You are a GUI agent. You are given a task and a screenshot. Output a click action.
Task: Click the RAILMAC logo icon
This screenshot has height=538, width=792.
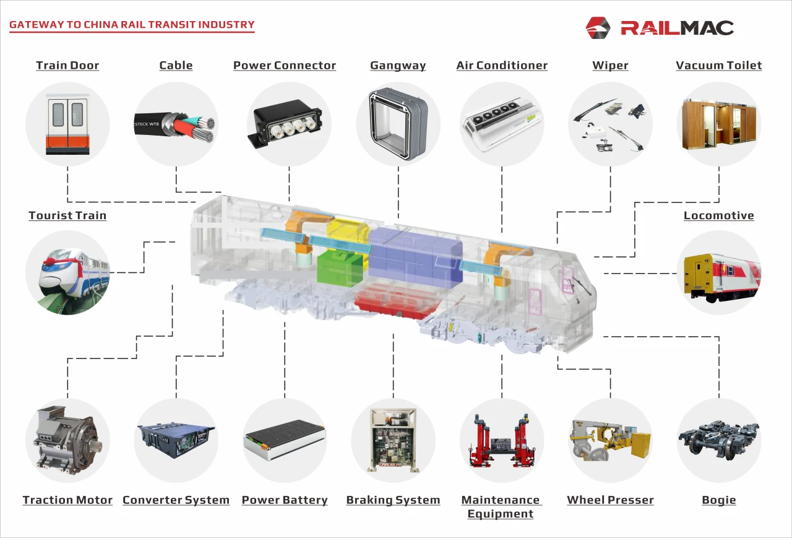click(x=598, y=27)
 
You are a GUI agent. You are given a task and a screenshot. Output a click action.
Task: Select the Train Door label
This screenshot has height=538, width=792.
click(x=67, y=66)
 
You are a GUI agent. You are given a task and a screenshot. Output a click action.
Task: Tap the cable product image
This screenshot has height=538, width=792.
click(x=176, y=124)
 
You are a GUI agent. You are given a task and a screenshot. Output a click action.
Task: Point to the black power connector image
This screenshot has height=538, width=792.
click(x=285, y=124)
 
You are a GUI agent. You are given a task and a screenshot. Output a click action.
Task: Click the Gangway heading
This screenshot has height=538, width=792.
click(x=398, y=66)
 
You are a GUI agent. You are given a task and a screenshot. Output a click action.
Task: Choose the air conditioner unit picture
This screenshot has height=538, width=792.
click(x=502, y=124)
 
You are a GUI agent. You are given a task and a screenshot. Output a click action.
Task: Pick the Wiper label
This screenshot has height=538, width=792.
click(x=610, y=66)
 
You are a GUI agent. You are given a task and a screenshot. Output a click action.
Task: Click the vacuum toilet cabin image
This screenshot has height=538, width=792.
click(x=719, y=124)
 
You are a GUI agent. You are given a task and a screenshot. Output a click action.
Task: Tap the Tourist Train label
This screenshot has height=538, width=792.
click(x=67, y=216)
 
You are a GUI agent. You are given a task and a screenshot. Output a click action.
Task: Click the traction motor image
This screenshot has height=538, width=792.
click(x=67, y=440)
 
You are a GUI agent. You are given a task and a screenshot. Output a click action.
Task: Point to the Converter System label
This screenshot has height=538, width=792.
click(x=176, y=500)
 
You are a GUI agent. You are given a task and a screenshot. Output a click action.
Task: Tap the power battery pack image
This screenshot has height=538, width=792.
click(x=285, y=440)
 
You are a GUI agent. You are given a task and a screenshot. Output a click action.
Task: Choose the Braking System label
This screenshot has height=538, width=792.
click(x=393, y=500)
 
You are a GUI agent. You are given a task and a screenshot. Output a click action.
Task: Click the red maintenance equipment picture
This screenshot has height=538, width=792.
click(x=502, y=440)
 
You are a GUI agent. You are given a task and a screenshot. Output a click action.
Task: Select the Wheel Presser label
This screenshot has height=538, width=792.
click(x=610, y=500)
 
